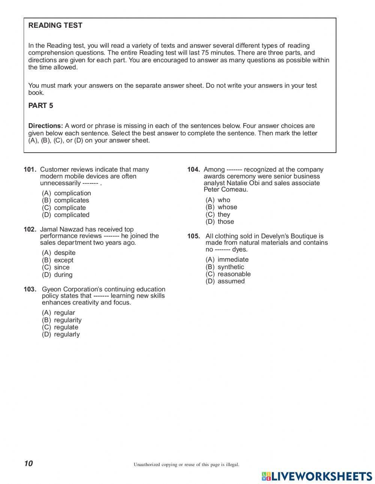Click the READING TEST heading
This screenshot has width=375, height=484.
click(x=55, y=25)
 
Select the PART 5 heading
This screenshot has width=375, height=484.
click(x=40, y=106)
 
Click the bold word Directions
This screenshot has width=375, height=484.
click(x=45, y=126)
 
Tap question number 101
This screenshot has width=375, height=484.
click(x=30, y=169)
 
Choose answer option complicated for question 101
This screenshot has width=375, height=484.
click(x=71, y=215)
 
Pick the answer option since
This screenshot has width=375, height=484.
click(x=61, y=267)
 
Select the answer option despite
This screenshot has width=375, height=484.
click(x=64, y=253)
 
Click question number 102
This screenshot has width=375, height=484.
click(x=30, y=229)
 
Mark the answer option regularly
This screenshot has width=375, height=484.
click(x=67, y=334)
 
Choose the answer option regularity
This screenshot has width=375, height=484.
click(x=67, y=320)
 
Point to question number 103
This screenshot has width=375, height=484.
click(x=30, y=289)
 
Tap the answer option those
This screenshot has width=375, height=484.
click(x=225, y=222)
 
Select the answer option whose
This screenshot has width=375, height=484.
click(x=227, y=207)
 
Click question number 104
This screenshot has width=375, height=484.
click(x=193, y=169)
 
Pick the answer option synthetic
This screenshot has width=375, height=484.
click(x=231, y=267)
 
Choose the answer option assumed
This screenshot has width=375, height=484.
click(x=231, y=281)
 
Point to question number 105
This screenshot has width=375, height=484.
click(x=193, y=236)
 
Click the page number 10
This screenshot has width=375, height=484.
click(x=28, y=463)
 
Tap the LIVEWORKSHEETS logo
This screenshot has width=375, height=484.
click(x=317, y=476)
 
